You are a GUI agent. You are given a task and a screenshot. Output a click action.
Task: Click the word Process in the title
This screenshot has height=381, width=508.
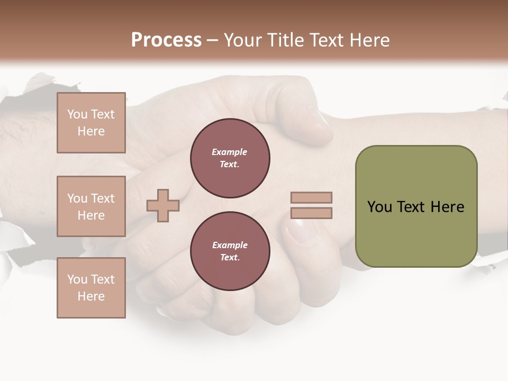166,40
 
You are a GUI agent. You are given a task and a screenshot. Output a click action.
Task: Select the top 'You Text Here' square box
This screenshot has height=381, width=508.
91,123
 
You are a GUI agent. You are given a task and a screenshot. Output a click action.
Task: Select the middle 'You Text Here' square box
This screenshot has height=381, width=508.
91,206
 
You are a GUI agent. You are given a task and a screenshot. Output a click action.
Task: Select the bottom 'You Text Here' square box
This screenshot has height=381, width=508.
91,287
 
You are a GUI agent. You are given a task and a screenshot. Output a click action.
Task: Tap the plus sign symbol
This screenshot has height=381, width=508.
163,205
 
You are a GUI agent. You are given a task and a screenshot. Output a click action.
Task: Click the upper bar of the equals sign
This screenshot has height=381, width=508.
311,197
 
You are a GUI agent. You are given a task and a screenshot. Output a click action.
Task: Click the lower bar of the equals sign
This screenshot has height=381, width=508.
311,213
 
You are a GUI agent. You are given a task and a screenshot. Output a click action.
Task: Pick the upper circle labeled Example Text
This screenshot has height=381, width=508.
230,158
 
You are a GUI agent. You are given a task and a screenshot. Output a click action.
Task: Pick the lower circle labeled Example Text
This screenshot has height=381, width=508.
230,251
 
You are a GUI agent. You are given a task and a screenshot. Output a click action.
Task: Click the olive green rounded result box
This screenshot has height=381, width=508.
416,206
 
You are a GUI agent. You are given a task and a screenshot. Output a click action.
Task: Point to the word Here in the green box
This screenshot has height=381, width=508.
447,206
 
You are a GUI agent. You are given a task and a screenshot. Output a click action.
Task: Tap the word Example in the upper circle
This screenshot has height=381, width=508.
230,152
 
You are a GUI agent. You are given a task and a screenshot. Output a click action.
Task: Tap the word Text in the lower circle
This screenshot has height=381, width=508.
230,257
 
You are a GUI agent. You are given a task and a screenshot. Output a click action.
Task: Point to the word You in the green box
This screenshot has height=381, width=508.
379,206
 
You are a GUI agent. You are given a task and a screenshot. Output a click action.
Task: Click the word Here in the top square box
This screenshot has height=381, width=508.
91,131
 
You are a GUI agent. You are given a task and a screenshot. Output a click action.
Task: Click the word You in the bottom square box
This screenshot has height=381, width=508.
77,279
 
